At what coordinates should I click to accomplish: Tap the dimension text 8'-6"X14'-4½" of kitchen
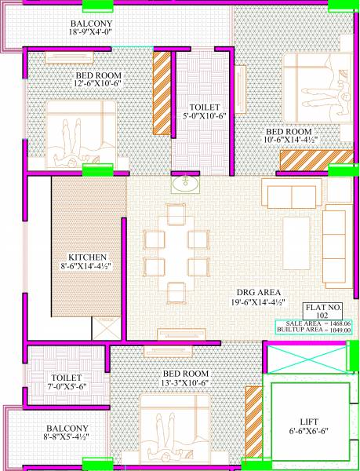(86, 266)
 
